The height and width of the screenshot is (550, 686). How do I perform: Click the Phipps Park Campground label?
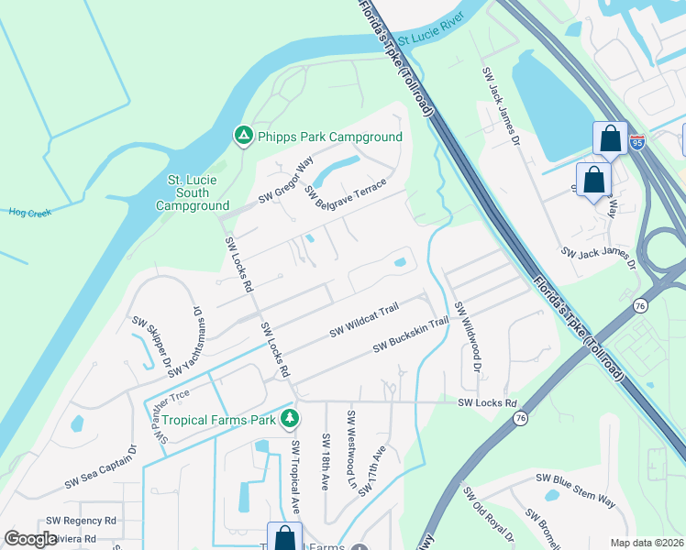click(329, 137)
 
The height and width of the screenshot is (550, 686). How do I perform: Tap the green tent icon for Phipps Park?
click(243, 137)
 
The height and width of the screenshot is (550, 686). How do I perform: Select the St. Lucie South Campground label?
click(193, 193)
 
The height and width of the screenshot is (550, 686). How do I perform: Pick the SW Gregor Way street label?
click(285, 181)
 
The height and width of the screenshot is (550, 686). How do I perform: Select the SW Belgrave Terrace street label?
click(346, 193)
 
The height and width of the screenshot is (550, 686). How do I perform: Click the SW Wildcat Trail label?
click(365, 318)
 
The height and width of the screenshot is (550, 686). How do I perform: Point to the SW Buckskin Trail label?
click(410, 335)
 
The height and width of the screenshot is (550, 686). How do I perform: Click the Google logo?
click(30, 539)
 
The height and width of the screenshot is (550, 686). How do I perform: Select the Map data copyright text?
click(646, 542)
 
